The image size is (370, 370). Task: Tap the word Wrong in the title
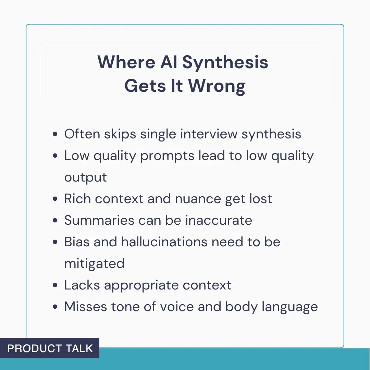[217, 86]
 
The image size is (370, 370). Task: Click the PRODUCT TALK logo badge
[50, 348]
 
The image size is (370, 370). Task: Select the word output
[86, 177]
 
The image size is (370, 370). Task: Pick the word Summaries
[99, 221]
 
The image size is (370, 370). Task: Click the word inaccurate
[219, 220]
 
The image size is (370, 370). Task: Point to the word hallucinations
[164, 242]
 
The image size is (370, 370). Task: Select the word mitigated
[94, 264]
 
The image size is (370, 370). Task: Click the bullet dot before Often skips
[55, 134]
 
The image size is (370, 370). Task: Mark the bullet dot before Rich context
[55, 199]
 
